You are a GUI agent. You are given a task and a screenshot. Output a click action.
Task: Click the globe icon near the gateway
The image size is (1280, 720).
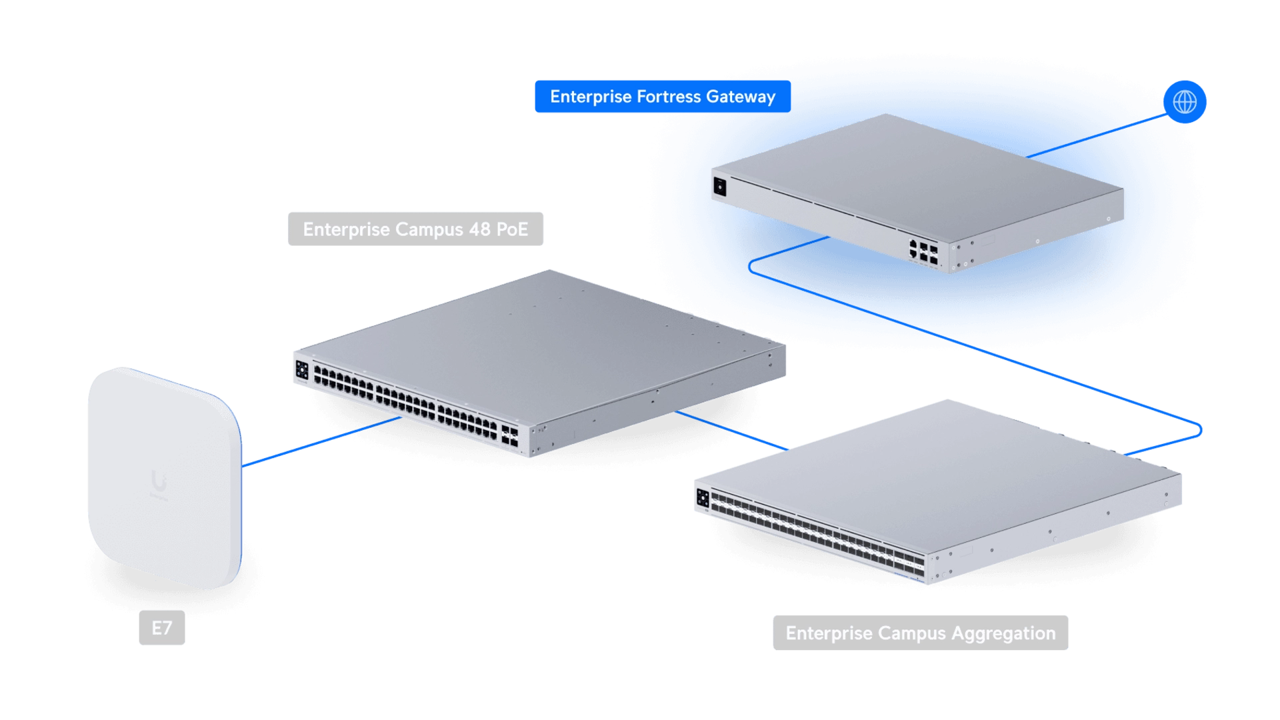[1185, 102]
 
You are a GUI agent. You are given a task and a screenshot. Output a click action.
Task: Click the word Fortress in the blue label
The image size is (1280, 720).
[669, 97]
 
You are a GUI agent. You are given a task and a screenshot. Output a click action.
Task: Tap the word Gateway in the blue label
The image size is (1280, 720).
[741, 97]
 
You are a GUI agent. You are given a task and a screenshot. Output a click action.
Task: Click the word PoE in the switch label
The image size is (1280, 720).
[513, 229]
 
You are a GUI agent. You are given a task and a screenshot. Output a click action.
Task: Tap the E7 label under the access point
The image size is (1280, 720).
[162, 628]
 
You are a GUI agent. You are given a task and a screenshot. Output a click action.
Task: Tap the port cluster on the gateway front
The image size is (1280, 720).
[923, 251]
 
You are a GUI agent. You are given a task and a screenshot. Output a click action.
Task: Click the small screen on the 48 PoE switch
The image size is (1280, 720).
[301, 371]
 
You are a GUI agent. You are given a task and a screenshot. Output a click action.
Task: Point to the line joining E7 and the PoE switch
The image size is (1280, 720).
[320, 442]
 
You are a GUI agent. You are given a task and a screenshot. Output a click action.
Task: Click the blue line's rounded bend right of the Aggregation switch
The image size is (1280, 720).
[1198, 428]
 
